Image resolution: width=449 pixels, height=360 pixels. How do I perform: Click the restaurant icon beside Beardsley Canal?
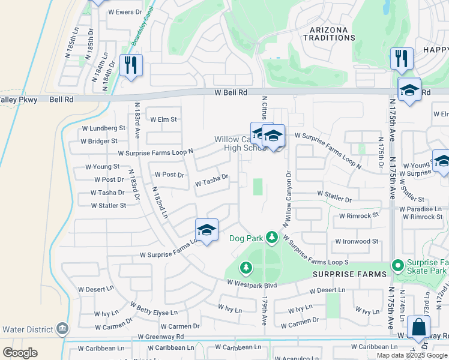131,64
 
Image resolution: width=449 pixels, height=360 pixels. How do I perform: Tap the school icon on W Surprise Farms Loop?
206,230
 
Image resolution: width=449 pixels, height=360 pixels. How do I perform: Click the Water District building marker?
62,329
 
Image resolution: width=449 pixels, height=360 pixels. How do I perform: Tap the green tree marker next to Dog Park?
272,238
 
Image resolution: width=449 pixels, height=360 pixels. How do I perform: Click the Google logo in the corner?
20,353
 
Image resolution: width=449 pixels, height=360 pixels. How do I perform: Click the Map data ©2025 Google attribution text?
412,355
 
